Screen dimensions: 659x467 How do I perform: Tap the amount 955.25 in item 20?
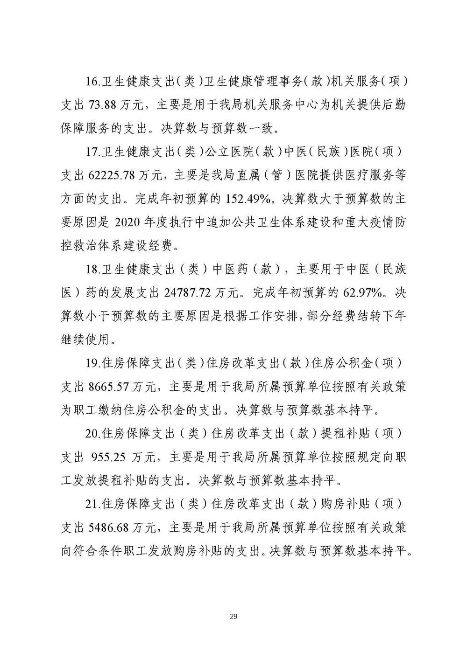coord(107,458)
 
